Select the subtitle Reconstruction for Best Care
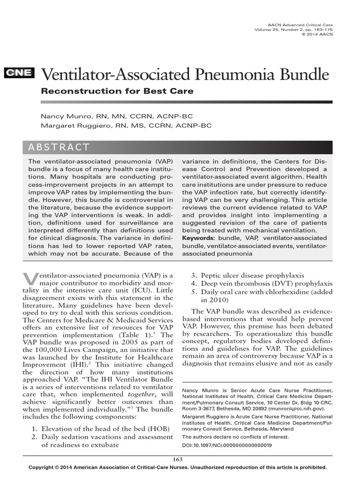117,91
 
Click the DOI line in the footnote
226,445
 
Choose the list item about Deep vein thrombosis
267,284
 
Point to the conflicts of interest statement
235,437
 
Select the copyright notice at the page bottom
178,467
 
